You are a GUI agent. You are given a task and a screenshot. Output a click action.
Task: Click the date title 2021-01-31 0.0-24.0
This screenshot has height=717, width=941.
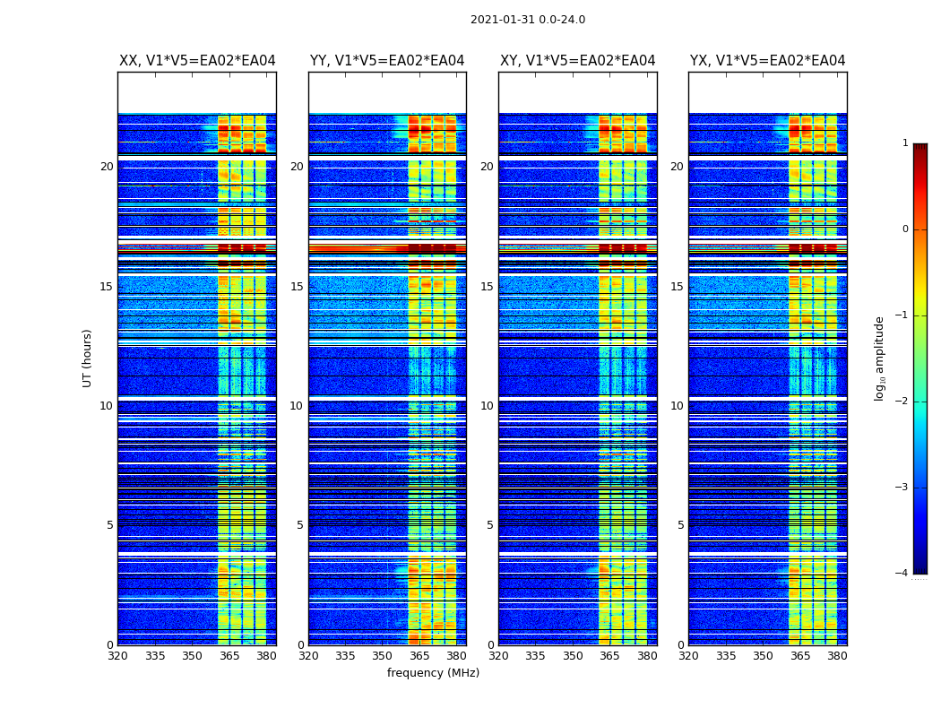pos(528,20)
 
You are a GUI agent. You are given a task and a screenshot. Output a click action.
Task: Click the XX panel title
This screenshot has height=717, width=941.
pos(197,61)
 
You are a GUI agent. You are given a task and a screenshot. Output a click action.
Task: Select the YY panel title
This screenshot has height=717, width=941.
pos(387,61)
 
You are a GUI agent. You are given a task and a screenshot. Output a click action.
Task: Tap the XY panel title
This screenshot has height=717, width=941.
pos(578,61)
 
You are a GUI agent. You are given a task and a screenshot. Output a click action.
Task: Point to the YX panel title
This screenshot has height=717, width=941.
pos(768,61)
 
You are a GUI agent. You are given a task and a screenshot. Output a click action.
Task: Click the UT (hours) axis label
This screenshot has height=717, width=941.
pos(88,358)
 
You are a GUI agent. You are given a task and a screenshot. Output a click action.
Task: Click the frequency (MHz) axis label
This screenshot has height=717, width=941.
pos(433,673)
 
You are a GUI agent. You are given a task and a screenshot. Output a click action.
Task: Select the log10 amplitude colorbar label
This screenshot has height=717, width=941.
pos(880,358)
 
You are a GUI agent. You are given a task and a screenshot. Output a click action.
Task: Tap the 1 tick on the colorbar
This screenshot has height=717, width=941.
pos(905,143)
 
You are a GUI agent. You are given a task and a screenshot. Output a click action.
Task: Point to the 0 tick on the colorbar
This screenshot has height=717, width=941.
pos(905,229)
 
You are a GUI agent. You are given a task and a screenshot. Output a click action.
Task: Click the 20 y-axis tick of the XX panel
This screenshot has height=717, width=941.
pos(107,167)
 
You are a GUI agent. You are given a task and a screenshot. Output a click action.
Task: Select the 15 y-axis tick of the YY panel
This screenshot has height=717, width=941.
pos(297,287)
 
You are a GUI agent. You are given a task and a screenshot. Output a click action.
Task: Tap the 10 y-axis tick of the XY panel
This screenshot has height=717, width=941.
pos(487,406)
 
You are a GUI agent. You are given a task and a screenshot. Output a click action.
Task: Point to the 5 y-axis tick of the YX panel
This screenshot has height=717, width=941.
pos(681,525)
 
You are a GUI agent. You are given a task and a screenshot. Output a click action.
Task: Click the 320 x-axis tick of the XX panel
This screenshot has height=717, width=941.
pos(117,656)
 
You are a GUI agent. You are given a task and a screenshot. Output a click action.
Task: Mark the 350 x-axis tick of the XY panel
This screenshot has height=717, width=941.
pos(573,656)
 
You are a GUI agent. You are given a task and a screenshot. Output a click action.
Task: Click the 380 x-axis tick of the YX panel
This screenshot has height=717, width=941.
pos(837,656)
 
